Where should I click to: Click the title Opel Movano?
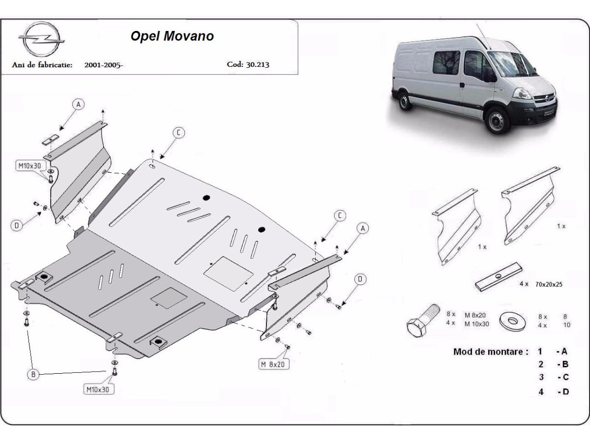coord(172,37)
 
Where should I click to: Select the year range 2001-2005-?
coord(103,64)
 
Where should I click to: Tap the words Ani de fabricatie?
coord(43,64)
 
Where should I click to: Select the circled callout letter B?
coord(33,374)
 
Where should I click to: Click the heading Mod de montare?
coord(491,352)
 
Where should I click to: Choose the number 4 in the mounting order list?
coord(541,392)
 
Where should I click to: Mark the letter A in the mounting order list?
coord(563,352)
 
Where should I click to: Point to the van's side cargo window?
coord(445,62)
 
